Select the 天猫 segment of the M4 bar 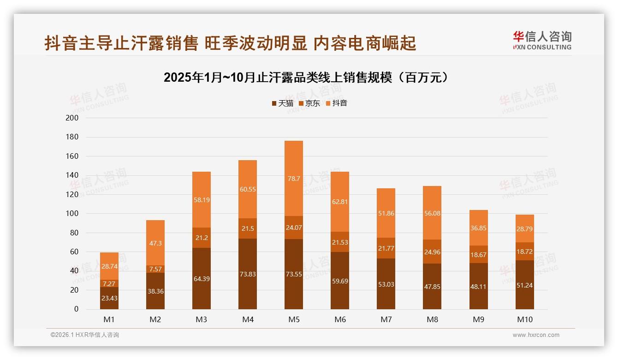[248, 274]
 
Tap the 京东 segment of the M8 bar [432, 252]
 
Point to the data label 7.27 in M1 [109, 283]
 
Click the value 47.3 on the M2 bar [155, 243]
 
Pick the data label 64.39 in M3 [202, 279]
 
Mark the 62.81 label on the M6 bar [340, 201]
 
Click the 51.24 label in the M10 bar [524, 285]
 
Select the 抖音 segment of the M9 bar [478, 228]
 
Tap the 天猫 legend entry [282, 103]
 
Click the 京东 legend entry [309, 103]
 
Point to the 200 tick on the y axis [73, 118]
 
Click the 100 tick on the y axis [73, 214]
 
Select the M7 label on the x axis [386, 319]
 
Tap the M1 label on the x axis [109, 319]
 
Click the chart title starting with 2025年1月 [306, 78]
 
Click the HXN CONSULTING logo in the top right [542, 41]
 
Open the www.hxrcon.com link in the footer [536, 335]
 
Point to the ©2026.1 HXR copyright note [85, 335]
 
